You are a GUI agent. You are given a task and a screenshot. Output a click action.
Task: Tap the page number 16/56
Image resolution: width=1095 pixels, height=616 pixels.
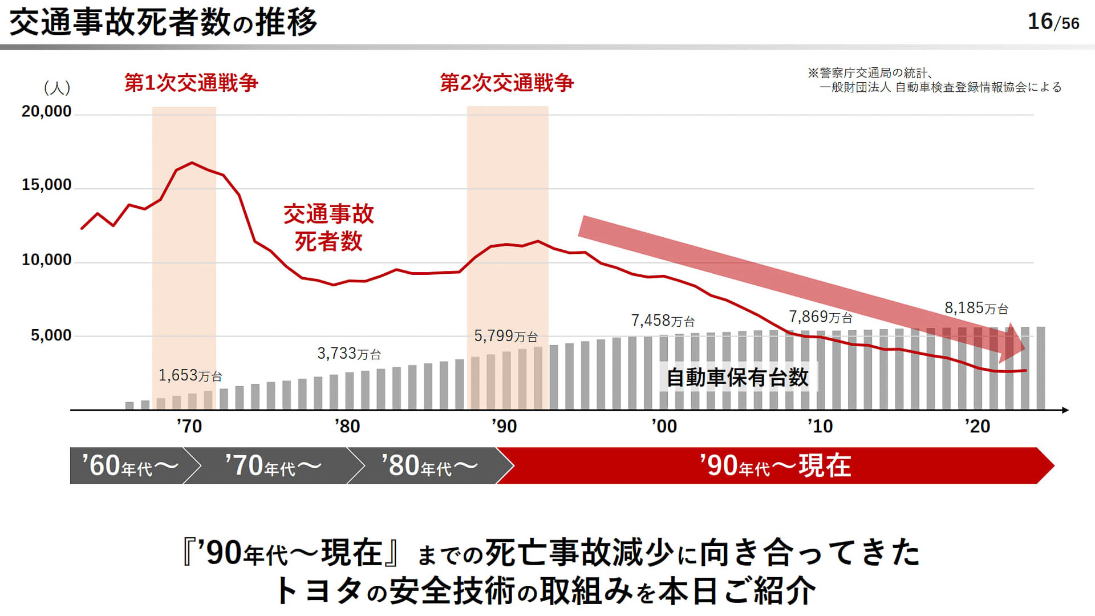tap(1053, 22)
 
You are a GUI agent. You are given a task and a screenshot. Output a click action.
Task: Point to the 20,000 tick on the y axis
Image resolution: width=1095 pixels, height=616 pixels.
tap(47, 111)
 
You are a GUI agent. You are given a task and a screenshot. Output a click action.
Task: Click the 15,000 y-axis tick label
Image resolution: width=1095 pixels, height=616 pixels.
tap(47, 185)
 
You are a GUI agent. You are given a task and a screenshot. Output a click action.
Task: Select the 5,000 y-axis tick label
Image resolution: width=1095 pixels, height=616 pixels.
tap(51, 335)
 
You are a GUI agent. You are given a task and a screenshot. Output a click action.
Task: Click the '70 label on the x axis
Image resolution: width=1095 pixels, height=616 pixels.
tap(189, 426)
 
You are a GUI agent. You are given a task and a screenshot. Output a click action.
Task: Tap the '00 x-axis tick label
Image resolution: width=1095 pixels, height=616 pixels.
tap(664, 426)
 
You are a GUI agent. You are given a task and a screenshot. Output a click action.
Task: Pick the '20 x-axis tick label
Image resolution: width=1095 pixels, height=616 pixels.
tap(977, 426)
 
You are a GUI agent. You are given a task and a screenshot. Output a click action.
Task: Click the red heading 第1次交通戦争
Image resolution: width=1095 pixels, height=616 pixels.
tap(191, 83)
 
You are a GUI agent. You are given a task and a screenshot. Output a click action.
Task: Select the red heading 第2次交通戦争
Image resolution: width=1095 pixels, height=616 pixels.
tap(506, 83)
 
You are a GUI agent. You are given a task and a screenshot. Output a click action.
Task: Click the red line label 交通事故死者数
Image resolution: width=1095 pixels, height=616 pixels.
tap(328, 228)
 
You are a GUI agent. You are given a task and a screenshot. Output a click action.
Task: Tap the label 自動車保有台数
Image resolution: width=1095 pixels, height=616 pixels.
tap(737, 378)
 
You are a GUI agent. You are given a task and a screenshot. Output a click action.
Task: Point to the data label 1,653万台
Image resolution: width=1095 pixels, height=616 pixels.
tap(190, 375)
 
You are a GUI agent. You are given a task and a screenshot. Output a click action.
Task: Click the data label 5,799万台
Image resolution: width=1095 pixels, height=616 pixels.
tap(506, 336)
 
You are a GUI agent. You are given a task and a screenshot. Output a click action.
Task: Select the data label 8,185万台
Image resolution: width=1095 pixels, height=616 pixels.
tap(976, 308)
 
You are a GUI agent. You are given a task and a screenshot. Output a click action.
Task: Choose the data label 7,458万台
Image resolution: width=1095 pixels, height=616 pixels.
tap(663, 321)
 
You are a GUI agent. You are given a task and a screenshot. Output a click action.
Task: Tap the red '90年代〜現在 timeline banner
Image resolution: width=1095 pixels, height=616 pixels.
tap(774, 466)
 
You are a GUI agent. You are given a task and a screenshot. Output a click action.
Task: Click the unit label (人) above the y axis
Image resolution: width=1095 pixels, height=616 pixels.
tap(57, 88)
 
